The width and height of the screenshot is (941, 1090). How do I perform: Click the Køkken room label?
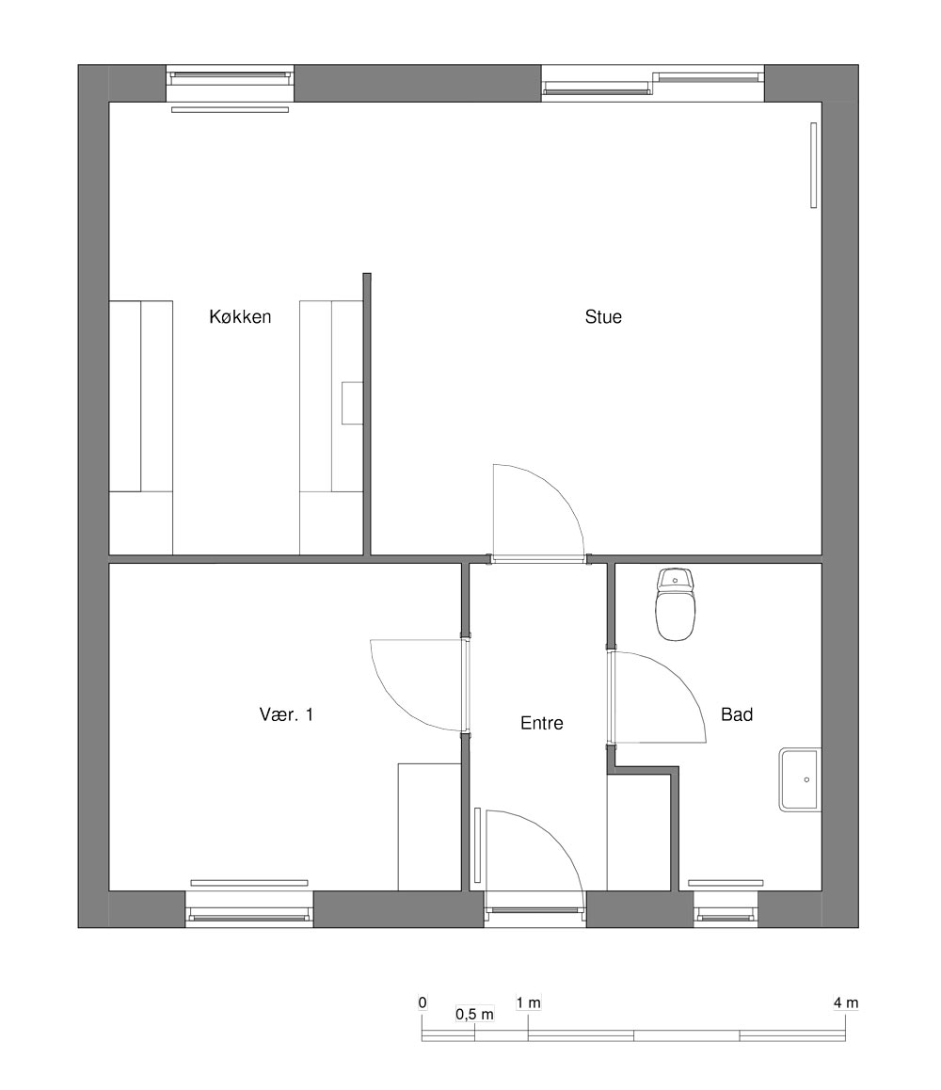click(x=240, y=317)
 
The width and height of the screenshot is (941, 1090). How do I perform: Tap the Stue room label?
click(x=603, y=317)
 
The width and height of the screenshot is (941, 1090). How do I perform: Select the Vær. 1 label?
click(x=286, y=714)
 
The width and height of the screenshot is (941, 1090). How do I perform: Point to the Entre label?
click(x=541, y=723)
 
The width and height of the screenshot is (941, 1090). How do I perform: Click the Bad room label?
click(x=737, y=714)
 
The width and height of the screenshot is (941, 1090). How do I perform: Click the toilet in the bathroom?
click(x=675, y=604)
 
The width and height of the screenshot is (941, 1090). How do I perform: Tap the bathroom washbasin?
click(x=800, y=779)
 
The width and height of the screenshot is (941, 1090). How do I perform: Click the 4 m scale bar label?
click(x=846, y=1003)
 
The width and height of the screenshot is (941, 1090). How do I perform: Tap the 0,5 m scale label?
click(x=474, y=1015)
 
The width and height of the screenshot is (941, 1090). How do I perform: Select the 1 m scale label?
click(x=528, y=1003)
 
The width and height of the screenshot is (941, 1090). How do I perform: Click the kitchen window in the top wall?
click(x=230, y=84)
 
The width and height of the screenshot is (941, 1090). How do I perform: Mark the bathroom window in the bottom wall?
click(x=726, y=909)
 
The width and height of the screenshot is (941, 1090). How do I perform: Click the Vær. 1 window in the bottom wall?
click(x=249, y=909)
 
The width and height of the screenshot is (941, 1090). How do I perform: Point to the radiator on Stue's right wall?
click(x=814, y=166)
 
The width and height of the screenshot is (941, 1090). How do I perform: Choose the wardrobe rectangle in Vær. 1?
click(x=429, y=827)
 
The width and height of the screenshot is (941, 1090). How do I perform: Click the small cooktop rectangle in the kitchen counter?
click(x=352, y=403)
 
